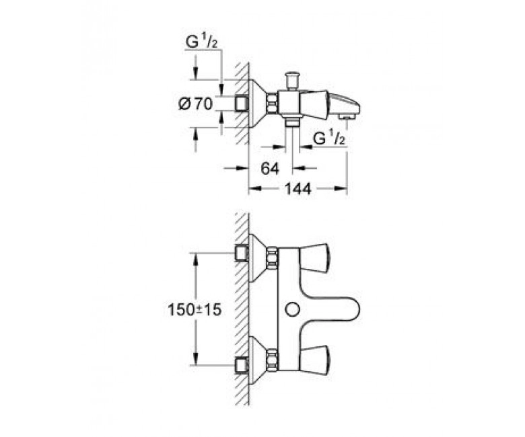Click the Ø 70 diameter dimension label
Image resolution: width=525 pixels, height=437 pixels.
pos(196,104)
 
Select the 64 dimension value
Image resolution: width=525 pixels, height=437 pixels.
pos(270,169)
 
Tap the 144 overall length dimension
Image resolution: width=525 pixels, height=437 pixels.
pos(298,189)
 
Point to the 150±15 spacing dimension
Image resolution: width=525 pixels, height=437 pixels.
pos(195,310)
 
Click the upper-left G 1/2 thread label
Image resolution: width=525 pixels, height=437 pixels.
pos(201,43)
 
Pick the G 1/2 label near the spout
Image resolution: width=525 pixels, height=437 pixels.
pos(328,138)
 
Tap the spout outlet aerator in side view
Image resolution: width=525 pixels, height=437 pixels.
pos(347,116)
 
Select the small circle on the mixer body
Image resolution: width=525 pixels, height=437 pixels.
pos(292,310)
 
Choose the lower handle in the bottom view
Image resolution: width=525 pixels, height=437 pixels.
pos(314,360)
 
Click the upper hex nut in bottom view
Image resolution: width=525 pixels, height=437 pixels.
pos(272,257)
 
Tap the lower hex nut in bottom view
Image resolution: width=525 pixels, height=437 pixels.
pos(272,360)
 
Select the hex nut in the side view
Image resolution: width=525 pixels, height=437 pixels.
pos(272,104)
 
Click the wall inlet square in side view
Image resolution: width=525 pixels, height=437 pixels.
pos(242,104)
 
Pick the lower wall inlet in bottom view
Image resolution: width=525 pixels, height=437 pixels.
pos(242,364)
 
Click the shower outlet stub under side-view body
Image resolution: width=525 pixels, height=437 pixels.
pos(293,122)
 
